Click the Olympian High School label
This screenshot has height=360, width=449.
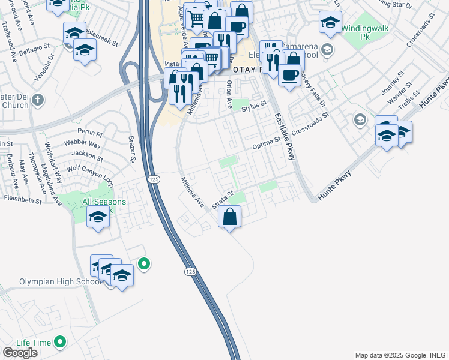52,281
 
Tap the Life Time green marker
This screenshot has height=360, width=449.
59,342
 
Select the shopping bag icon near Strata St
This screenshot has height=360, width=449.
229,217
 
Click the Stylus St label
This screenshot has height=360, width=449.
253,107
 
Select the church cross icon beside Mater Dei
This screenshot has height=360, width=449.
38,99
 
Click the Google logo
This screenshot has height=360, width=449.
20,353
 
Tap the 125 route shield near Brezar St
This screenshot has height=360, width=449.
155,181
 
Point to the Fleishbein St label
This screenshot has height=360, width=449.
22,198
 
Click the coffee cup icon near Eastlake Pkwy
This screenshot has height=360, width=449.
289,76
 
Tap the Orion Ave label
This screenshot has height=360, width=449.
229,95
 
